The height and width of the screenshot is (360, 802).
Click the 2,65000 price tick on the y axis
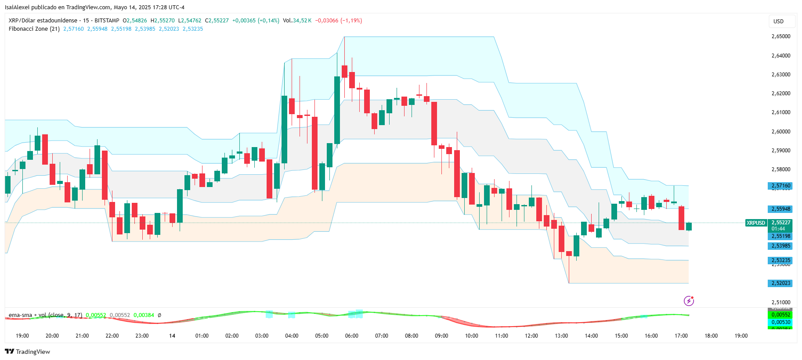tap(780, 36)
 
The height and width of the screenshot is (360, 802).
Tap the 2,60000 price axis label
tap(780, 132)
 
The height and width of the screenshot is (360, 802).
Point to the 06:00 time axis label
tap(351, 336)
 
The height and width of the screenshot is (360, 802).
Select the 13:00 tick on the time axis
tap(561, 336)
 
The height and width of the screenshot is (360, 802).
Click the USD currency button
tap(778, 22)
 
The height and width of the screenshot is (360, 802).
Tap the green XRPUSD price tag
tap(755, 223)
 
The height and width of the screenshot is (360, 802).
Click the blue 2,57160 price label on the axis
tap(780, 186)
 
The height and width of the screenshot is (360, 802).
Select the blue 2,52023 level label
tap(780, 283)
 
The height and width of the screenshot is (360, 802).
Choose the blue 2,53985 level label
tap(780, 246)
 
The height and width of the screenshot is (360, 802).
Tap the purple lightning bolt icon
tap(689, 301)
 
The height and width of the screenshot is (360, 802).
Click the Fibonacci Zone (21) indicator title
tap(34, 29)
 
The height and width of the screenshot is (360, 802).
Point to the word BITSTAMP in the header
tap(107, 21)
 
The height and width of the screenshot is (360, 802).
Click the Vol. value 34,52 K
tap(302, 21)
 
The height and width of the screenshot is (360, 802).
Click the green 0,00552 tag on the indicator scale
tap(780, 315)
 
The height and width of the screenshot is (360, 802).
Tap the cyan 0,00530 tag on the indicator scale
tap(780, 322)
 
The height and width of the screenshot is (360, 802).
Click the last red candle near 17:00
tap(681, 218)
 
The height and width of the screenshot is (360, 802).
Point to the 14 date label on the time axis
tap(172, 336)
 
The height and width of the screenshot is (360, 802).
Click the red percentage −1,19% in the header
tap(351, 21)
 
